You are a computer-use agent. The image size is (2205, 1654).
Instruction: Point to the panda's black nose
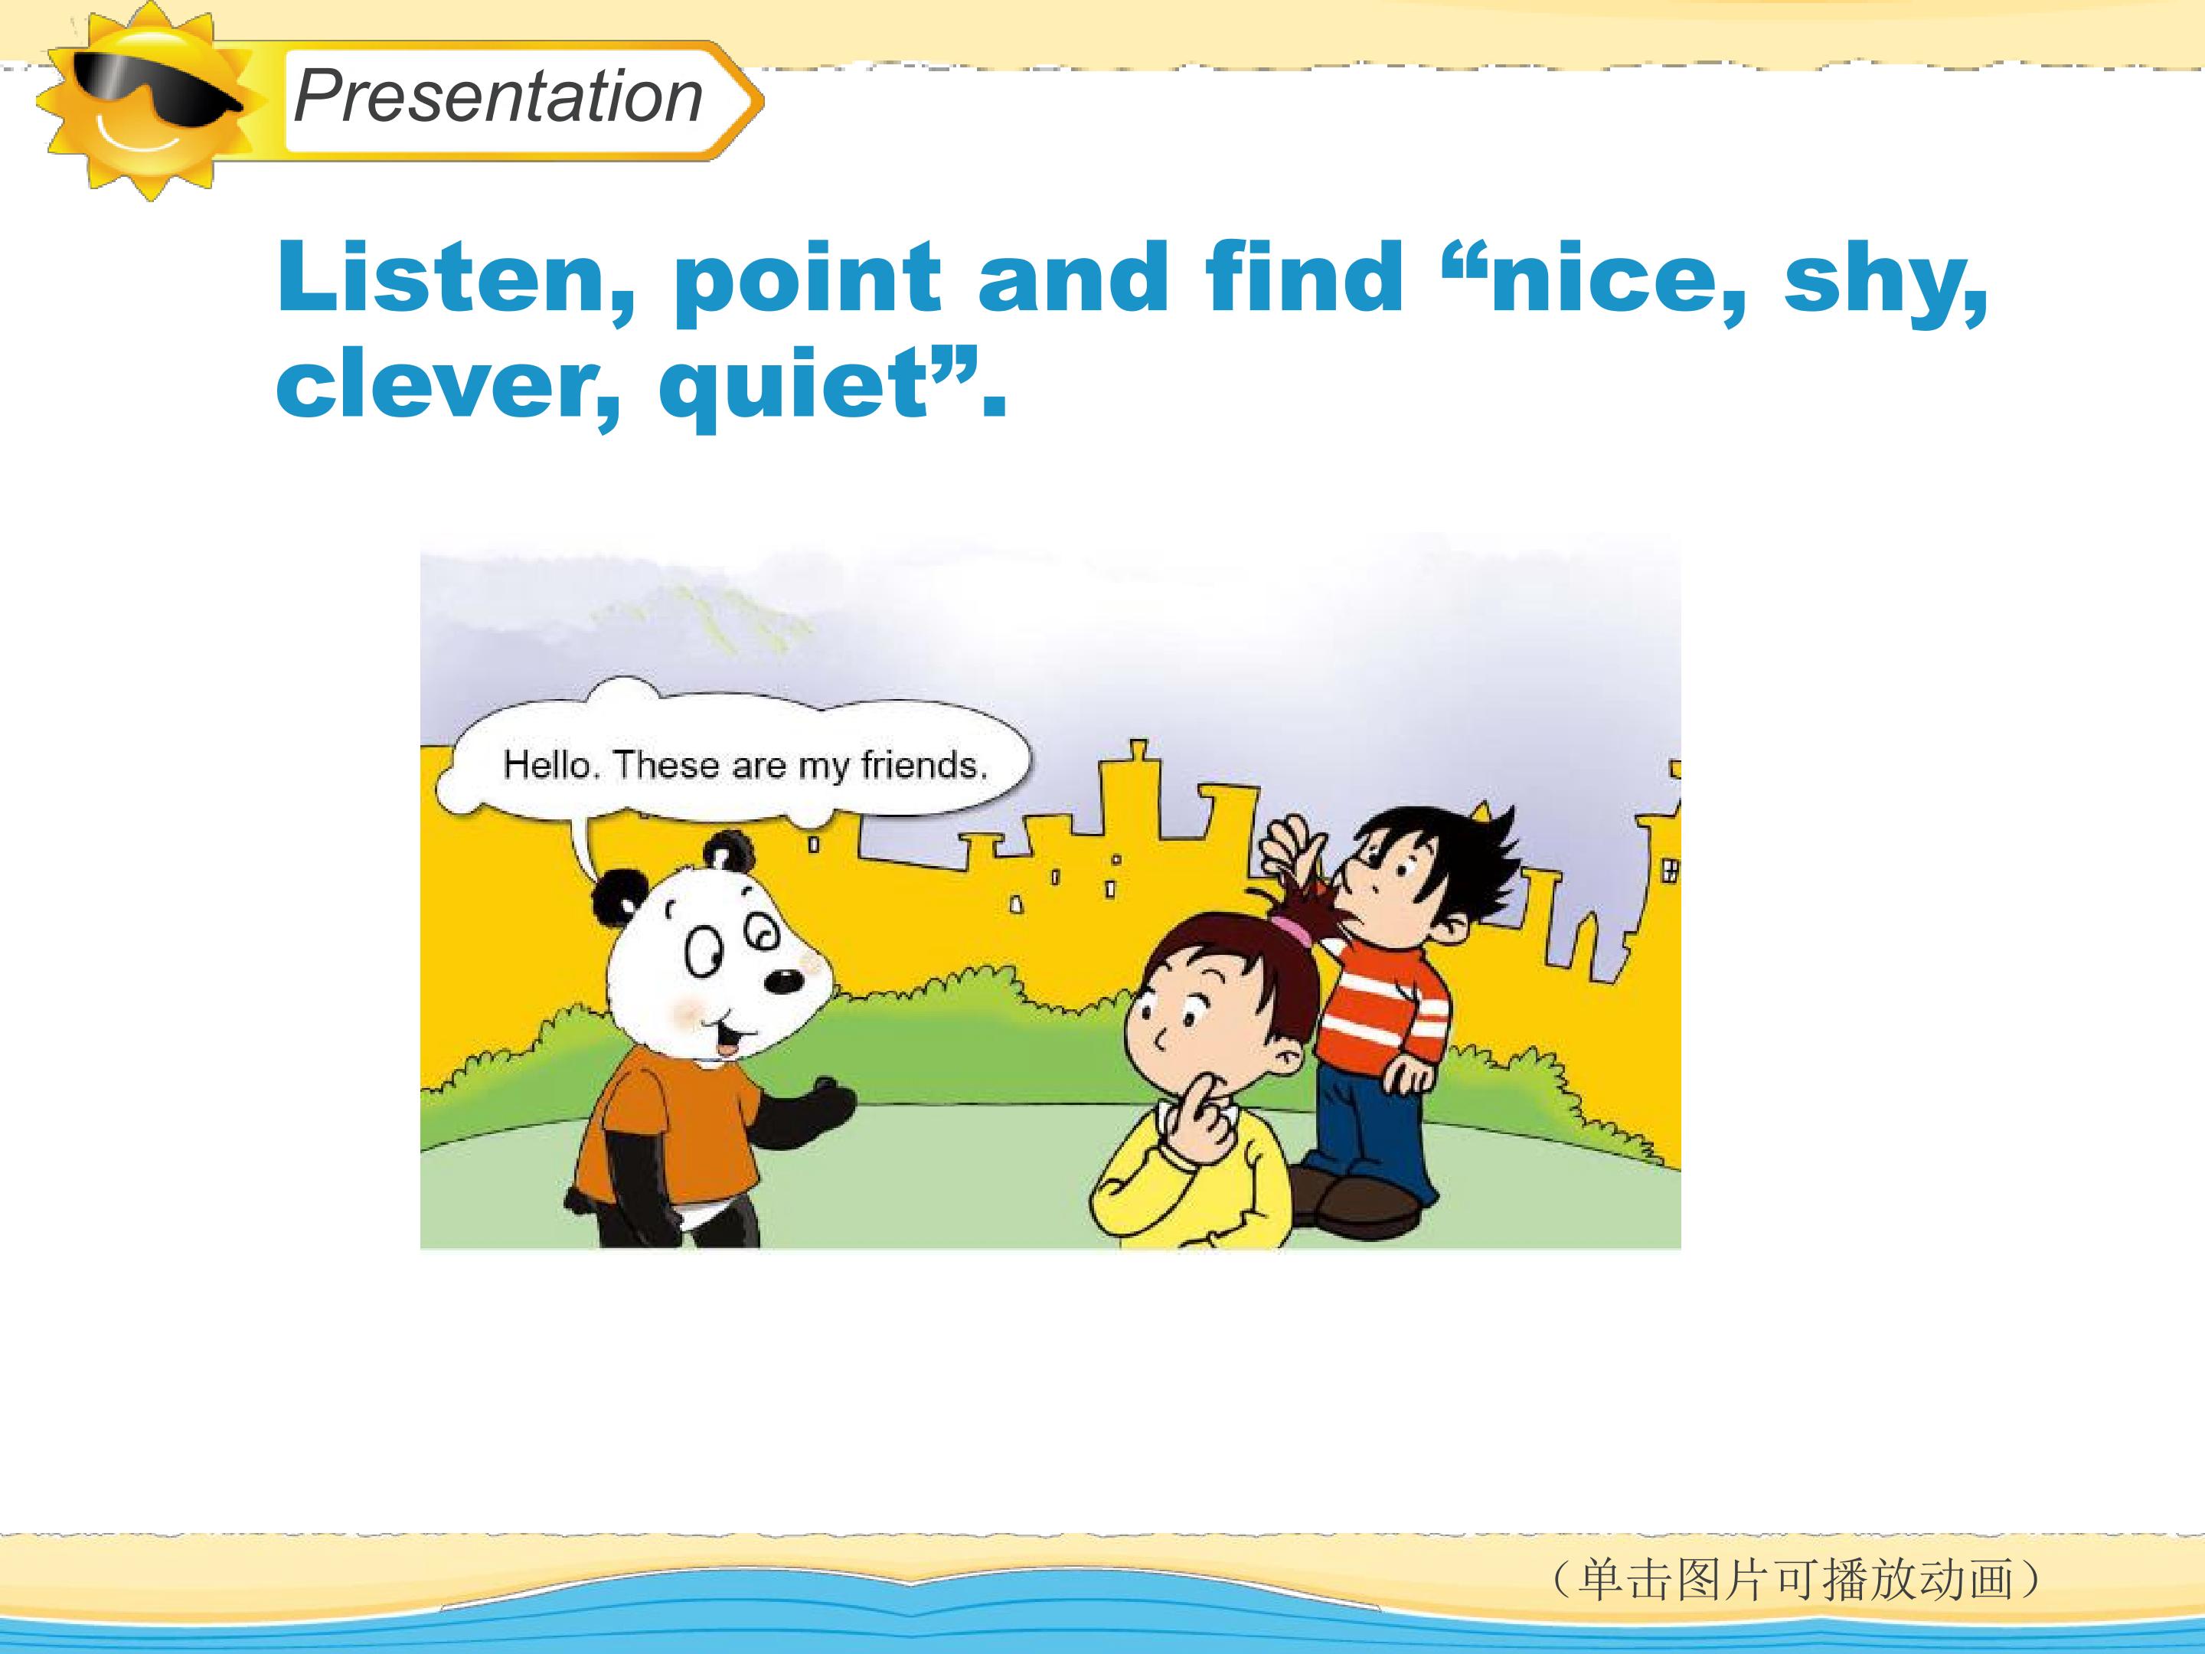tap(783, 982)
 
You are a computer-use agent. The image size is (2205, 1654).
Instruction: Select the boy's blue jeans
tap(1370, 1126)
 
